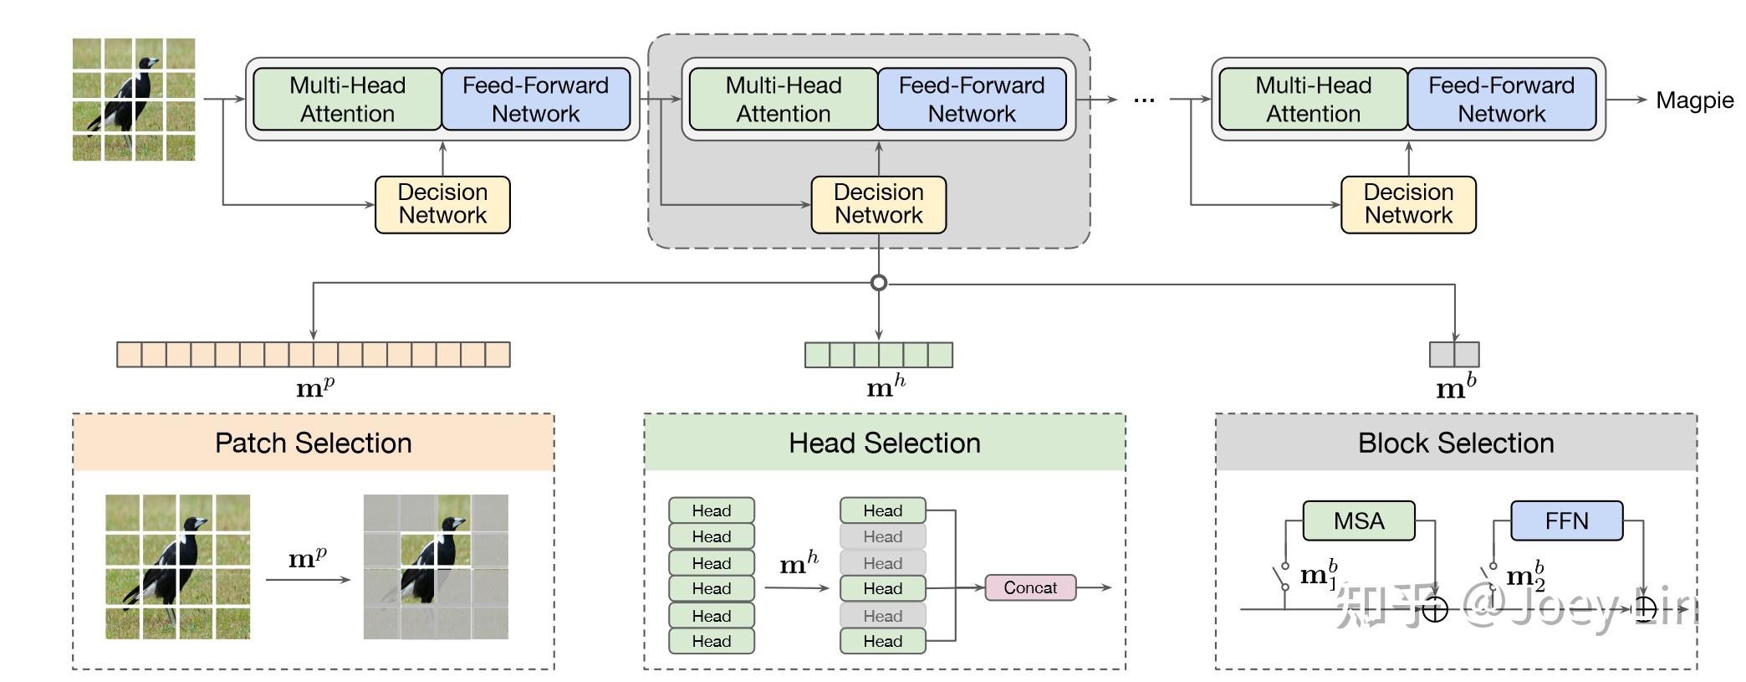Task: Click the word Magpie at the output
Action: [x=1694, y=100]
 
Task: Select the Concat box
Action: [x=1030, y=587]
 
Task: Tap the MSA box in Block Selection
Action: [x=1359, y=520]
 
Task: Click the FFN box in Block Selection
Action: [x=1566, y=520]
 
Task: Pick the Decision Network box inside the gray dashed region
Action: [x=879, y=204]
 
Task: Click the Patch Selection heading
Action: [x=314, y=443]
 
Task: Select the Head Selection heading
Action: [x=885, y=443]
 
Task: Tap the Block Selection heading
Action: [x=1456, y=443]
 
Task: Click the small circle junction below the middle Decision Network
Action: [x=879, y=283]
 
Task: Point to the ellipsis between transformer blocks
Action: [x=1144, y=100]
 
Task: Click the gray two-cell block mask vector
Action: [x=1454, y=354]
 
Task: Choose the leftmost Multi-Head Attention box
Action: [x=347, y=100]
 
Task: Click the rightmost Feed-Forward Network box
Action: [x=1502, y=100]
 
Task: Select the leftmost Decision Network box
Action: [x=442, y=204]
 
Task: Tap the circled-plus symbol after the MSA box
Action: [x=1435, y=609]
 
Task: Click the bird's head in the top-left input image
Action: [x=149, y=64]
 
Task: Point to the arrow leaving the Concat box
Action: [x=1095, y=587]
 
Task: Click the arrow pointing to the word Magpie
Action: [x=1626, y=100]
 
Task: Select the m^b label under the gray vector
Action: [x=1456, y=387]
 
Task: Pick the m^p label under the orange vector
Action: [x=315, y=387]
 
